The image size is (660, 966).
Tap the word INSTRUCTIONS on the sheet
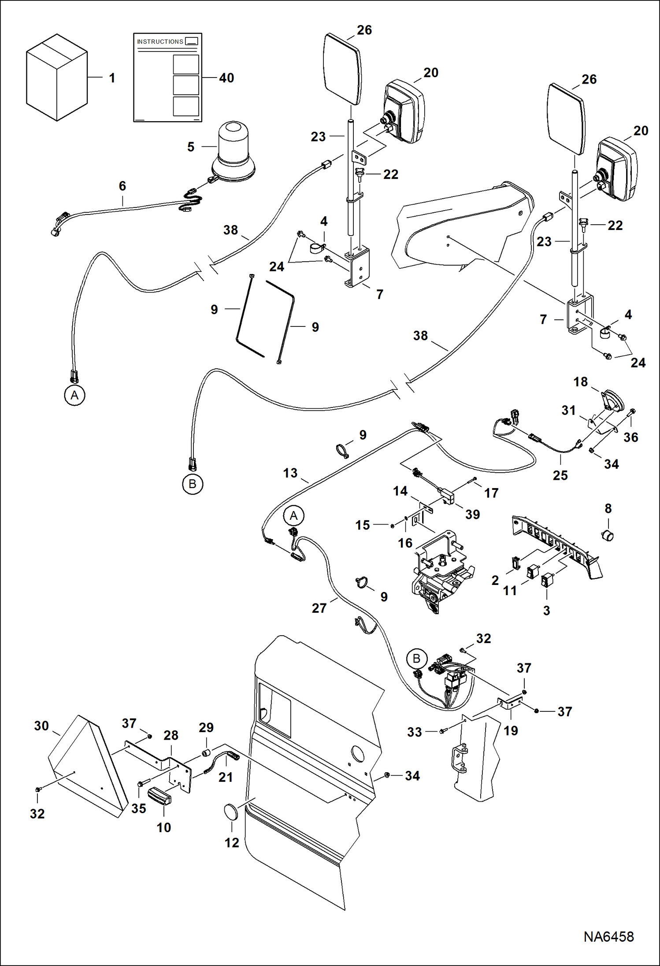tap(160, 41)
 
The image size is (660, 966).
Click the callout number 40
tap(226, 78)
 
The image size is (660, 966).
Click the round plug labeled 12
tap(231, 811)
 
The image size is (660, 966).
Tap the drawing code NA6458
tap(608, 936)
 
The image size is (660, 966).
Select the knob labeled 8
tap(608, 536)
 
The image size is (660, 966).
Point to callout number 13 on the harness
tap(290, 473)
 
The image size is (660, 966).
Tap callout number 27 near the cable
tap(319, 608)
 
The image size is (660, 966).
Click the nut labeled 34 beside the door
tap(386, 775)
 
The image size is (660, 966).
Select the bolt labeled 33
tap(442, 731)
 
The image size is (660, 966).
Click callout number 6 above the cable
tap(122, 186)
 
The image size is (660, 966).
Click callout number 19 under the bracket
tap(511, 731)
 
